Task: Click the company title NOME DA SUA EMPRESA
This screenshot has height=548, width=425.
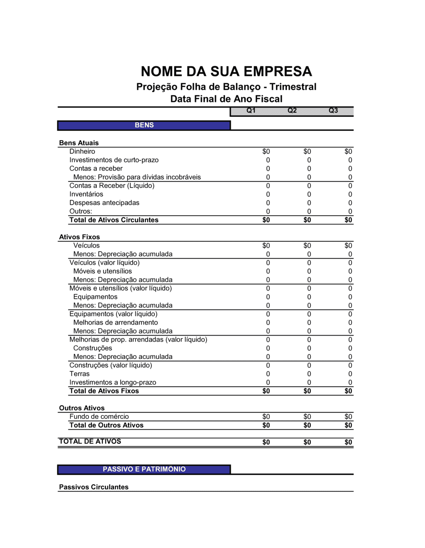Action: tap(226, 71)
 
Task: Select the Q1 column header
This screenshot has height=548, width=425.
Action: tap(251, 110)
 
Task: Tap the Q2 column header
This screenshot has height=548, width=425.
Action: tap(292, 110)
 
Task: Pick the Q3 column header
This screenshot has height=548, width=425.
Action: tap(333, 110)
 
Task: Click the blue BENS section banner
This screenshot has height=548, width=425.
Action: tap(144, 125)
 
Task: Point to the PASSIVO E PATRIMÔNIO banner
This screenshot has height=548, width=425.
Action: tap(144, 469)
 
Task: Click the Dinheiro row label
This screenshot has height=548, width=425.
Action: tap(82, 152)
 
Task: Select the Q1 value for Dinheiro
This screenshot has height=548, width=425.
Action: tap(266, 152)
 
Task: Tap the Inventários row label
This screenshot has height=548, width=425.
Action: tap(86, 195)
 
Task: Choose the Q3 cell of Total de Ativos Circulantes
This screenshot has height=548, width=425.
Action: tap(348, 220)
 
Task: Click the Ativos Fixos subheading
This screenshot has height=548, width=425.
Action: tap(79, 237)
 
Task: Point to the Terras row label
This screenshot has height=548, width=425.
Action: tap(79, 374)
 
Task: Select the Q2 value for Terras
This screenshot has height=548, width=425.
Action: tap(309, 374)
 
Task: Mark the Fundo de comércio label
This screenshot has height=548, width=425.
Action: tap(99, 417)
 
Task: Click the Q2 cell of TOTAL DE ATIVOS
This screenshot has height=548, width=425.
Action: tap(307, 442)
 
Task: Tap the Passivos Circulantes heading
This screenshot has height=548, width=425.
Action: tap(93, 487)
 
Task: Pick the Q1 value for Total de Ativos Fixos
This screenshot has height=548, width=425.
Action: tap(266, 391)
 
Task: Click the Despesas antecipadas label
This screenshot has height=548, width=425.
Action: tap(104, 203)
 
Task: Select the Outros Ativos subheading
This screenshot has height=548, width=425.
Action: tap(82, 408)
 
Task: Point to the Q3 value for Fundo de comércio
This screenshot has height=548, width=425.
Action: tap(348, 417)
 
